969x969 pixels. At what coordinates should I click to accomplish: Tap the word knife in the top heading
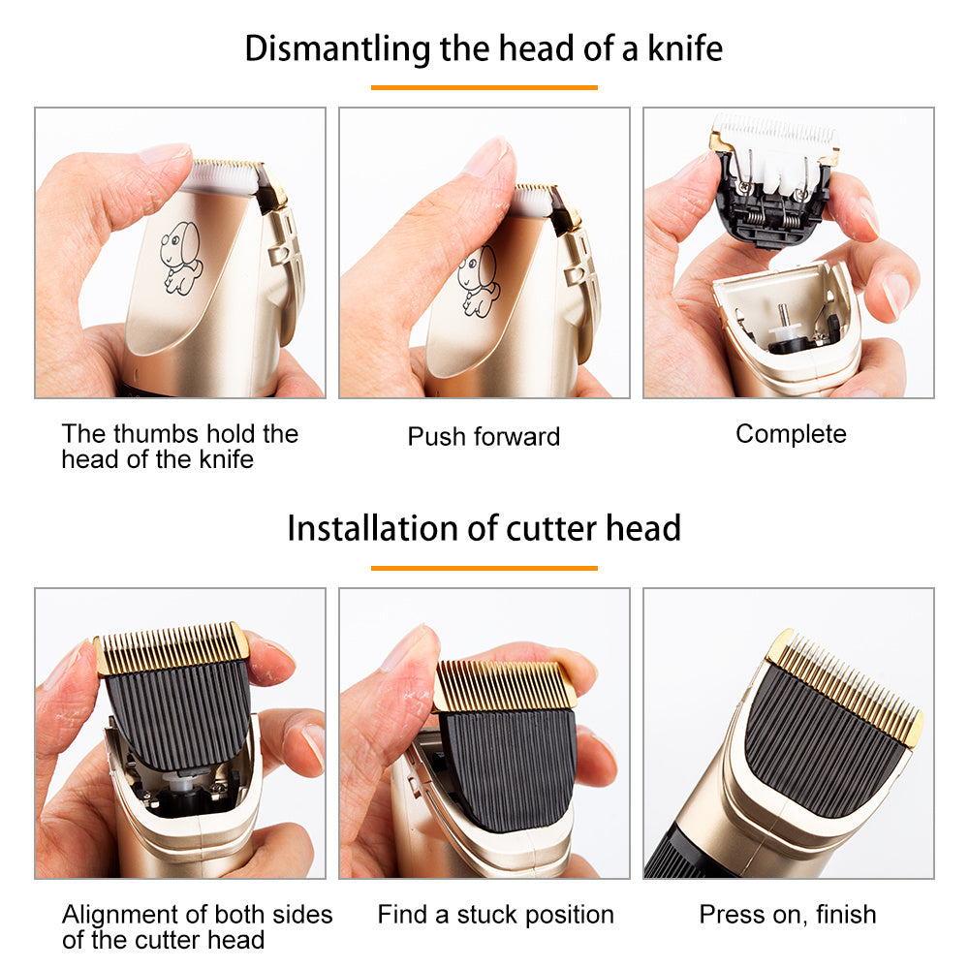coord(686,47)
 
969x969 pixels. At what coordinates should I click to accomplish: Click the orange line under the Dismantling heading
coord(484,87)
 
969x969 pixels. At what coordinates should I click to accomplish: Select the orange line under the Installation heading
coord(484,568)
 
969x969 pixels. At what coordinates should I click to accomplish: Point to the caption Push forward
coord(484,436)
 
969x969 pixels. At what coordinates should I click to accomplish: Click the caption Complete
coord(791,434)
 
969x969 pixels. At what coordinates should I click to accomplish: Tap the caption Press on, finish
coord(788,914)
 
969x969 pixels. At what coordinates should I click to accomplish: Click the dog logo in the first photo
coord(181,256)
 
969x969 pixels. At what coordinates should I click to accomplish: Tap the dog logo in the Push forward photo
coord(479,280)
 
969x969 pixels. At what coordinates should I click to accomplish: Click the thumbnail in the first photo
coord(165,156)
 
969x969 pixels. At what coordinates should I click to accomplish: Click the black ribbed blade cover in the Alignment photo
coord(176,712)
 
